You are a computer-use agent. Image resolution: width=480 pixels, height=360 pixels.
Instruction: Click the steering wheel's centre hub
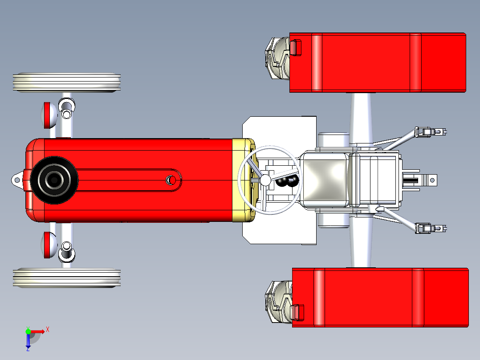(x=265, y=180)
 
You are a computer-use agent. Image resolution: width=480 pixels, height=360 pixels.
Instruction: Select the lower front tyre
(x=67, y=278)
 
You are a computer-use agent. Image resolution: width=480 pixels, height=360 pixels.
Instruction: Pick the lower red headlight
(x=48, y=245)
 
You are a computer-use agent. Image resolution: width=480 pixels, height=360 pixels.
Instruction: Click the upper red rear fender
(x=378, y=62)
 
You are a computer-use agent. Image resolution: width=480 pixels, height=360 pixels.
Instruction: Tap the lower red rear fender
(x=380, y=297)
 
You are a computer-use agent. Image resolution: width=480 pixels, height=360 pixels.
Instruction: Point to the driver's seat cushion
(x=324, y=180)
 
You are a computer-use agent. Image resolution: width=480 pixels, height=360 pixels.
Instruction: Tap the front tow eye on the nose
(x=17, y=180)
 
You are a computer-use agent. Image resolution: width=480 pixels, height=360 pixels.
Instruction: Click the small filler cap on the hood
(x=170, y=180)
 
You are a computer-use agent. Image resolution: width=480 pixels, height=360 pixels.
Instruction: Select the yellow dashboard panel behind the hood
(x=243, y=180)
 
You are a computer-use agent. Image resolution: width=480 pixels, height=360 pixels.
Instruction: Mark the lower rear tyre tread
(x=277, y=302)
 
